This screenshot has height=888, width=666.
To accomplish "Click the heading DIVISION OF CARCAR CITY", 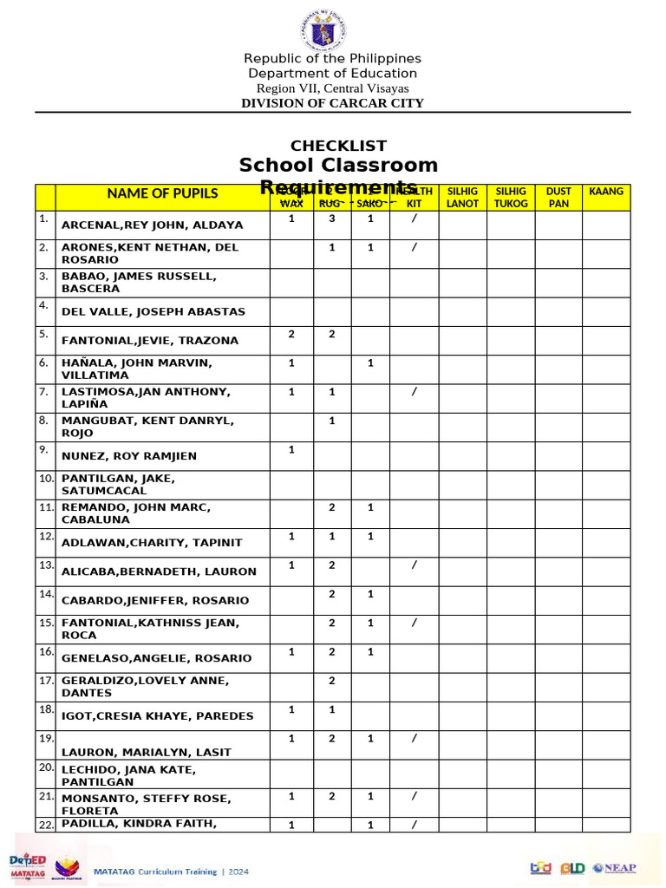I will point(332,103).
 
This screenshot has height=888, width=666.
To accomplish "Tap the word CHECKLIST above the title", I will point(338,146).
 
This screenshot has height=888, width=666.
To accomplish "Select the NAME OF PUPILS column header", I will point(162,193).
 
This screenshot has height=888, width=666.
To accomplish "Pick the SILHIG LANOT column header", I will point(462,197).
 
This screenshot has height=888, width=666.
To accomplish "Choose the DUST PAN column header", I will point(558,197).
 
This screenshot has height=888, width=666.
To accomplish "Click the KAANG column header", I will point(606,191).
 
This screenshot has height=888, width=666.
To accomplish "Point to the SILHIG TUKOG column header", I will point(510,197).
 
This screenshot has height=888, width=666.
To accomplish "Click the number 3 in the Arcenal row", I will point(331,219).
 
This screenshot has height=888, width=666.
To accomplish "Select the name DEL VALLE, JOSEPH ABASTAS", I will point(153,311).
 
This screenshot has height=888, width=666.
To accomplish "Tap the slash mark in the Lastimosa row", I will point(414,392).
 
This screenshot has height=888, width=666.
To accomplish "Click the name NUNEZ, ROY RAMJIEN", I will point(129,456).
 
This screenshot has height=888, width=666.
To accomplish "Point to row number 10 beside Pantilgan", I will point(45,479).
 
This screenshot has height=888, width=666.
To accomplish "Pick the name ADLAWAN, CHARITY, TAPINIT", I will point(152,543).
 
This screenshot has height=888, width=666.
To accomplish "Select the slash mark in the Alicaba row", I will point(414,565).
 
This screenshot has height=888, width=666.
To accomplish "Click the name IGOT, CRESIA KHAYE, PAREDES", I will point(157,716).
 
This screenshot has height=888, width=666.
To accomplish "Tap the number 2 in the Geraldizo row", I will point(331,681).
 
